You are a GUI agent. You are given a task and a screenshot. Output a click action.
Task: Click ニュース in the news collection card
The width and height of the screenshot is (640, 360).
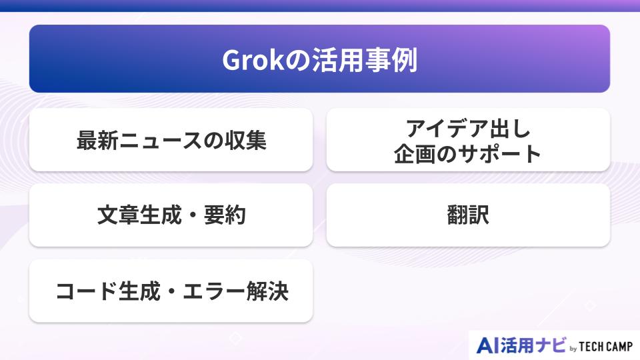coord(163,141)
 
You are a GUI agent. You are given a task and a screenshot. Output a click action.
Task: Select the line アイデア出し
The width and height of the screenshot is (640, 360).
coord(467,128)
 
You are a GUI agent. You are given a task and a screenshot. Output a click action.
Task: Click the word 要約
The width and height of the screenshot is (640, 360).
coord(225,216)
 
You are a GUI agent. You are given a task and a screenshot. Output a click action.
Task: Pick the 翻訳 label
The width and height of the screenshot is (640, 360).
coord(468,216)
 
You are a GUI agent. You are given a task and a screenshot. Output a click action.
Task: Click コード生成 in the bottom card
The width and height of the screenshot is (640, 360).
coord(107,291)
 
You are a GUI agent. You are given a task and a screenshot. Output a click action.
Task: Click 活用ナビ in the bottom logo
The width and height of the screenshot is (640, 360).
coord(533,345)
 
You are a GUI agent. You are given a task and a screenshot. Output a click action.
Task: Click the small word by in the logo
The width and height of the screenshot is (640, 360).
coord(573,347)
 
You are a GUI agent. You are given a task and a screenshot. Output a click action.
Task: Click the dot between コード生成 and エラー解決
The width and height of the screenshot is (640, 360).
coord(172,292)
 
